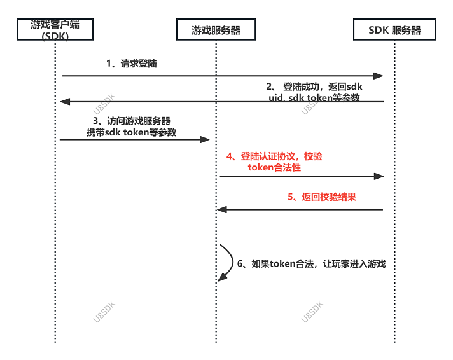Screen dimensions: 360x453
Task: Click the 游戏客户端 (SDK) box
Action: (55, 30)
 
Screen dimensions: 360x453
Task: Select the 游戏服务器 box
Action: (216, 30)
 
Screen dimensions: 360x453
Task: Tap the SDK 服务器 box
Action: (394, 30)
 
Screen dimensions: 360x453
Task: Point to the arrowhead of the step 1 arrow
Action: (379, 76)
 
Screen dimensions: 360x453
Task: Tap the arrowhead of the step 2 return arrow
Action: (64, 102)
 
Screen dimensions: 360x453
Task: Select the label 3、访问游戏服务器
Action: (132, 121)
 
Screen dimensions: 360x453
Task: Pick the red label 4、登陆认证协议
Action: (274, 156)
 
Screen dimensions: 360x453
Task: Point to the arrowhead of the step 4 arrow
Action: (379, 176)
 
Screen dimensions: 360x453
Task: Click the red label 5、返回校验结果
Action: (322, 197)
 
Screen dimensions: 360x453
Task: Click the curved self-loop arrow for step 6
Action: (226, 261)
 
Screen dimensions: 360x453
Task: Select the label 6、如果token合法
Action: (312, 264)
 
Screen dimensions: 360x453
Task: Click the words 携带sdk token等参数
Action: (132, 132)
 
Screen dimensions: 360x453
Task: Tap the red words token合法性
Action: (274, 168)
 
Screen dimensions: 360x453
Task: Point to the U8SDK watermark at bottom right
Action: (312, 312)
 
